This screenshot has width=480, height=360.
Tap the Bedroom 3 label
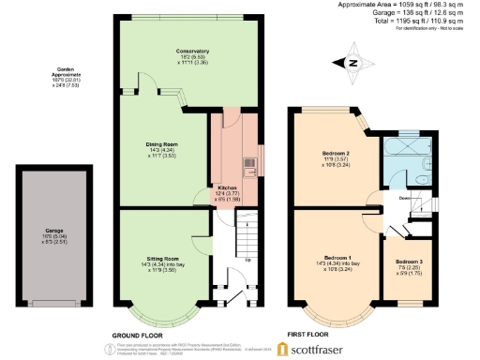click(406, 261)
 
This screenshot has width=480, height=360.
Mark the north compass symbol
click(353, 63)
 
